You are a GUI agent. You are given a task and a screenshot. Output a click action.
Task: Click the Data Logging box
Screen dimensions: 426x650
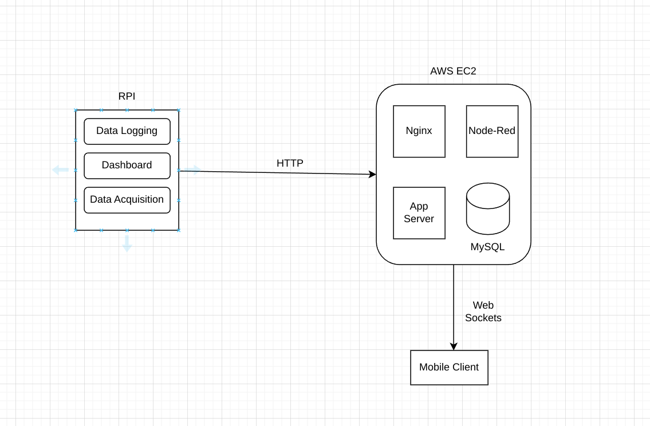127,131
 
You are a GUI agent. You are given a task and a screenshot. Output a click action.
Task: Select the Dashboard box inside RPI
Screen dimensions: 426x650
127,165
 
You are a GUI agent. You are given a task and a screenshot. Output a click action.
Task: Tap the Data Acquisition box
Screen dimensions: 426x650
127,200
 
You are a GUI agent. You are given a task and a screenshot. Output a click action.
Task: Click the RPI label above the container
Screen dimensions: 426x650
127,96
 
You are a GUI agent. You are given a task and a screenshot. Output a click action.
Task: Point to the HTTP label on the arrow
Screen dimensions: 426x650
290,163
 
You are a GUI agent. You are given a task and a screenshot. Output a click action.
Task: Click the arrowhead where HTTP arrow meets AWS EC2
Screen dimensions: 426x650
373,174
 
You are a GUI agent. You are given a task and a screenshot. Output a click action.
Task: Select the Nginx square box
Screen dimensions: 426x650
419,131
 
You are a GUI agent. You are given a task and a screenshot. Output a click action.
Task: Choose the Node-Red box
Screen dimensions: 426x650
492,131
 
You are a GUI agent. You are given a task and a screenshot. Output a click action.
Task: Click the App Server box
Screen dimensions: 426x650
419,212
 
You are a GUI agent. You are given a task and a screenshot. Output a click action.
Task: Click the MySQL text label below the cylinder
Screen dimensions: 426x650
487,247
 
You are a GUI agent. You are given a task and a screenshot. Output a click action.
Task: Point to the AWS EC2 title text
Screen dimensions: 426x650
453,71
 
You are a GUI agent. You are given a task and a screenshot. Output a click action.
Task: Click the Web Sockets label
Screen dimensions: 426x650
483,311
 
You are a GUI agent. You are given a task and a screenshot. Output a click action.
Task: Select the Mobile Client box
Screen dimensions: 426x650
449,368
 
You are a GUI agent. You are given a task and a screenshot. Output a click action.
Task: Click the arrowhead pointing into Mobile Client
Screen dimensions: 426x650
454,346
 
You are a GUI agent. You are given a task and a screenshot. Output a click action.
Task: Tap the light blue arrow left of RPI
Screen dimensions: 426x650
60,169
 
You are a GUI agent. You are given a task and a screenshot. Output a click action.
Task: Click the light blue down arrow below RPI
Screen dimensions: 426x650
127,245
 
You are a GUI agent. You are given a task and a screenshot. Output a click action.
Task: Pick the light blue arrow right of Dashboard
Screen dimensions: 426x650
193,169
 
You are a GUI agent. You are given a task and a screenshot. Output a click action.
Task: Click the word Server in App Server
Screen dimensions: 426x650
419,219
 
